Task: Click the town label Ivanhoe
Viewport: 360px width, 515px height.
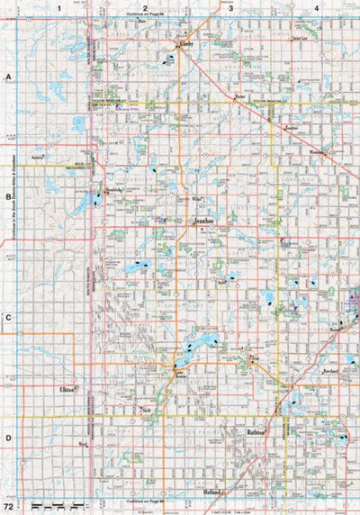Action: [202, 219]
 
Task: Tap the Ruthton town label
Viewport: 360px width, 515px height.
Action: [256, 433]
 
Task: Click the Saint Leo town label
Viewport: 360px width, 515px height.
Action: [299, 40]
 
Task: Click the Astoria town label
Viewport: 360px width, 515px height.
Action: [39, 156]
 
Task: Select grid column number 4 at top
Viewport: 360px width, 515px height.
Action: [317, 7]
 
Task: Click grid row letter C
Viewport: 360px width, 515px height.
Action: [8, 317]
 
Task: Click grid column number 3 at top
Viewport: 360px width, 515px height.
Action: [230, 7]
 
